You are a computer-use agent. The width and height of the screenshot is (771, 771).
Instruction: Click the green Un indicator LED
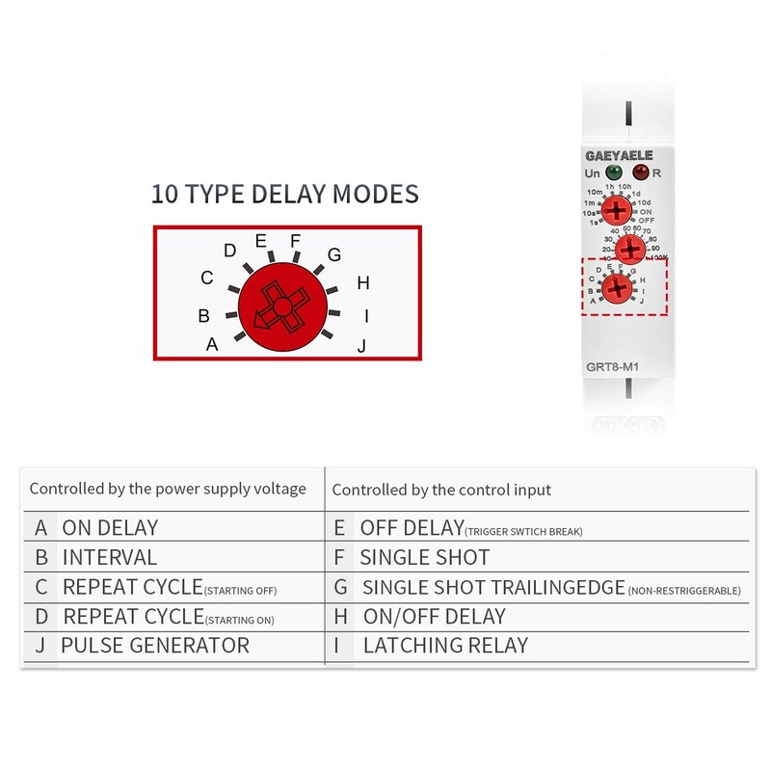613,173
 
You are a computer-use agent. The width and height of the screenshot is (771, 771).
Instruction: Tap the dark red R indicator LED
639,173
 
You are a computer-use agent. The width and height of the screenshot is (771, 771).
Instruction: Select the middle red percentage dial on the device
630,251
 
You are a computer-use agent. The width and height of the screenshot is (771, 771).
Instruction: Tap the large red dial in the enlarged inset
281,309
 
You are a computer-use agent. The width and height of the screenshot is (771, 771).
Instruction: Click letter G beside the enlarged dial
334,255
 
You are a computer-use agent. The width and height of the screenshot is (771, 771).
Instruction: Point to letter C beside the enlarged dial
206,279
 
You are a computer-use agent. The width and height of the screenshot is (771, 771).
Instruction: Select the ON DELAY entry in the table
110,527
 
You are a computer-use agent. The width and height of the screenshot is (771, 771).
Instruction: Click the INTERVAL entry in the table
109,557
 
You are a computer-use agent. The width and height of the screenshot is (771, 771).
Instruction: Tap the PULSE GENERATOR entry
154,646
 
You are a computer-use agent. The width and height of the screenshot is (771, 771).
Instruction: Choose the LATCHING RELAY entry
445,646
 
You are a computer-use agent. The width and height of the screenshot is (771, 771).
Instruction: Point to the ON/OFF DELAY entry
434,616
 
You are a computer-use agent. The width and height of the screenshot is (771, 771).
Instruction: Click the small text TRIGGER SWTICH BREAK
523,531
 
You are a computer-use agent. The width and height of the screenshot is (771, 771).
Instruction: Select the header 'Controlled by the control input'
441,490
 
